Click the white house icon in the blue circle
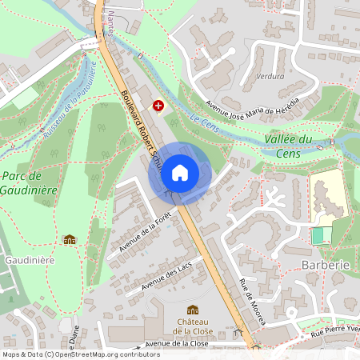click(180, 172)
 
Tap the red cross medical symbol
click(158, 105)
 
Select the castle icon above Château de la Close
click(192, 310)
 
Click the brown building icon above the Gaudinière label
click(70, 239)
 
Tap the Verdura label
click(268, 77)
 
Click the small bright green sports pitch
click(320, 236)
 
